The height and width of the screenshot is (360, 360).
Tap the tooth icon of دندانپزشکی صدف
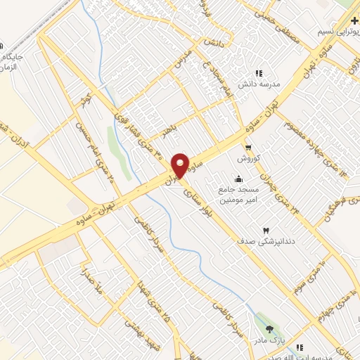point(266,230)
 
